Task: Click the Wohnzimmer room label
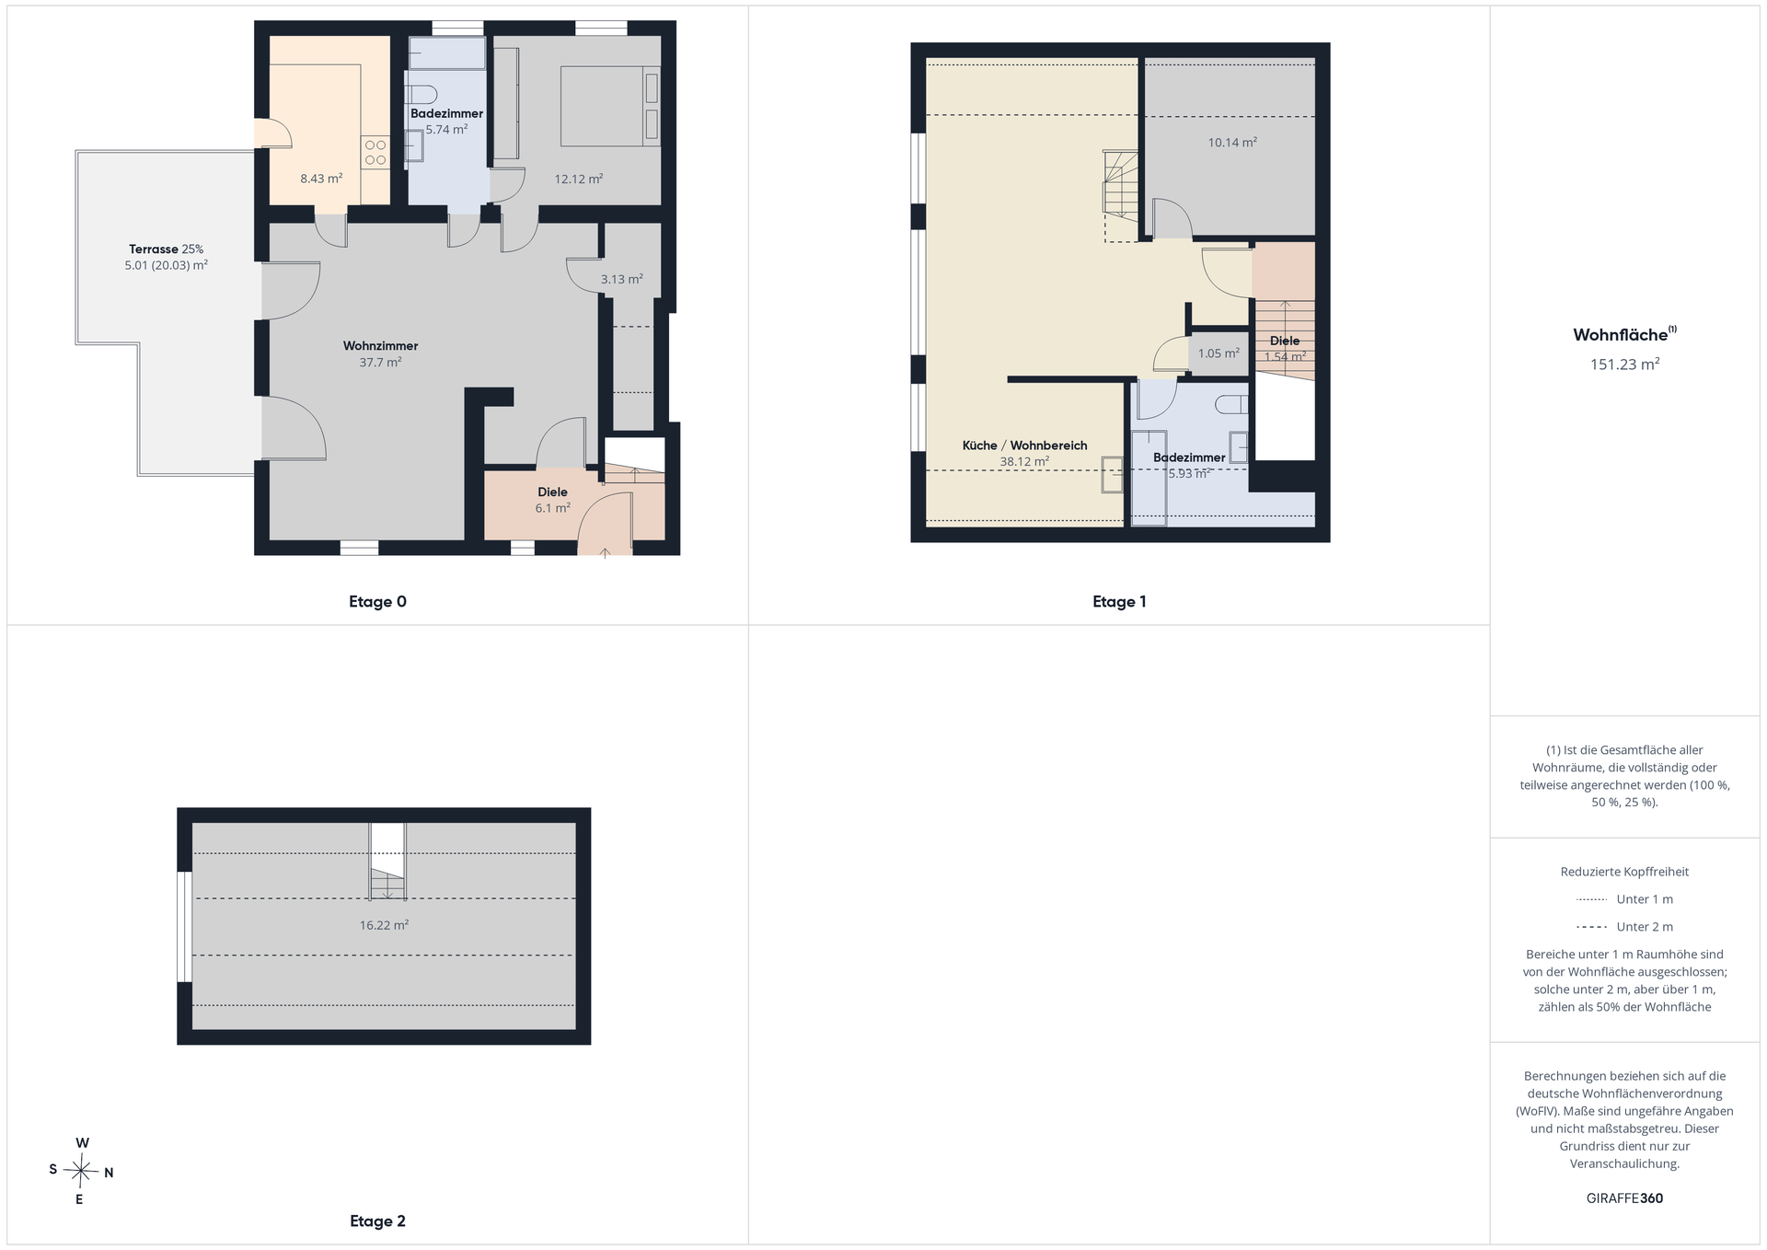tap(380, 346)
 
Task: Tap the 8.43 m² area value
tap(321, 179)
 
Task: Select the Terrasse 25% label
tap(166, 249)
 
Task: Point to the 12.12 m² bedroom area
tap(578, 179)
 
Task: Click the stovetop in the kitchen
tap(375, 153)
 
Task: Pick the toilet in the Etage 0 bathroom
tap(422, 94)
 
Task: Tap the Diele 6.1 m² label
tap(552, 500)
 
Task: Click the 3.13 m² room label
tap(621, 279)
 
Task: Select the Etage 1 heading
tap(1119, 602)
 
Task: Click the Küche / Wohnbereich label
tap(1024, 446)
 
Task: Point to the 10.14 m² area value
tap(1232, 143)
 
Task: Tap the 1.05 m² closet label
tap(1218, 353)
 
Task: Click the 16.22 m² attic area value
tap(384, 925)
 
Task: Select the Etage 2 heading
tap(377, 1221)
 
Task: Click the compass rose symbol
tap(81, 1172)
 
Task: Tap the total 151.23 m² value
tap(1624, 365)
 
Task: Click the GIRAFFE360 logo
tap(1624, 1198)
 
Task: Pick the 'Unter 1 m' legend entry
tap(1624, 899)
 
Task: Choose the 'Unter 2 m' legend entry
tap(1624, 927)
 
